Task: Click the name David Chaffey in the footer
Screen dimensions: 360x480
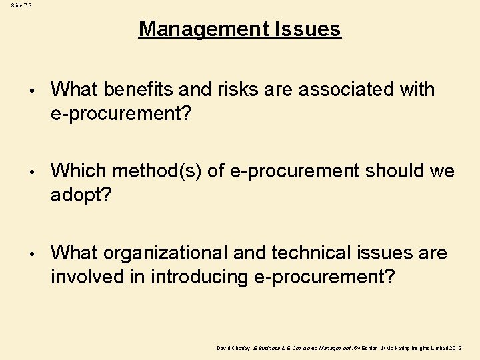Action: [x=233, y=348]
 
